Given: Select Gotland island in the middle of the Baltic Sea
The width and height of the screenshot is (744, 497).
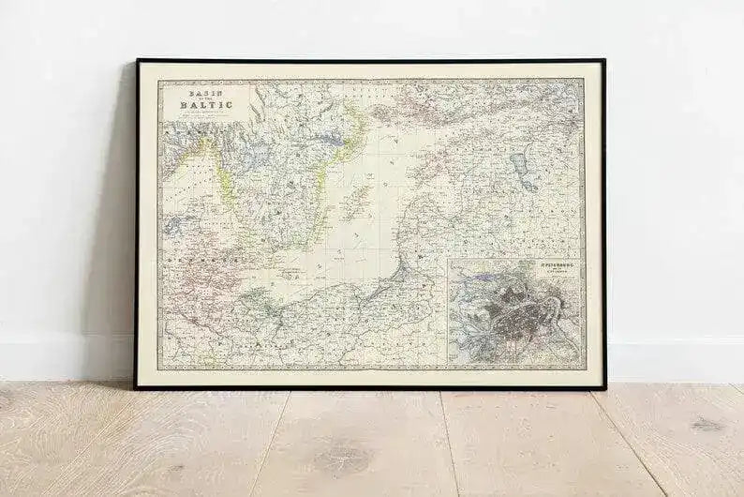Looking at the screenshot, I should (357, 200).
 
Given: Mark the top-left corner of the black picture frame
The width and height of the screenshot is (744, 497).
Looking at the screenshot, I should (138, 61).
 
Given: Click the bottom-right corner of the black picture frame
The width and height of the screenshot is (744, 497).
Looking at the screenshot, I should (604, 386).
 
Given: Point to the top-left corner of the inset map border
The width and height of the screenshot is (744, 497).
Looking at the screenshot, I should (449, 261).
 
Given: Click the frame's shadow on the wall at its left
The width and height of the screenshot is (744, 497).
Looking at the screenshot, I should (122, 234).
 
